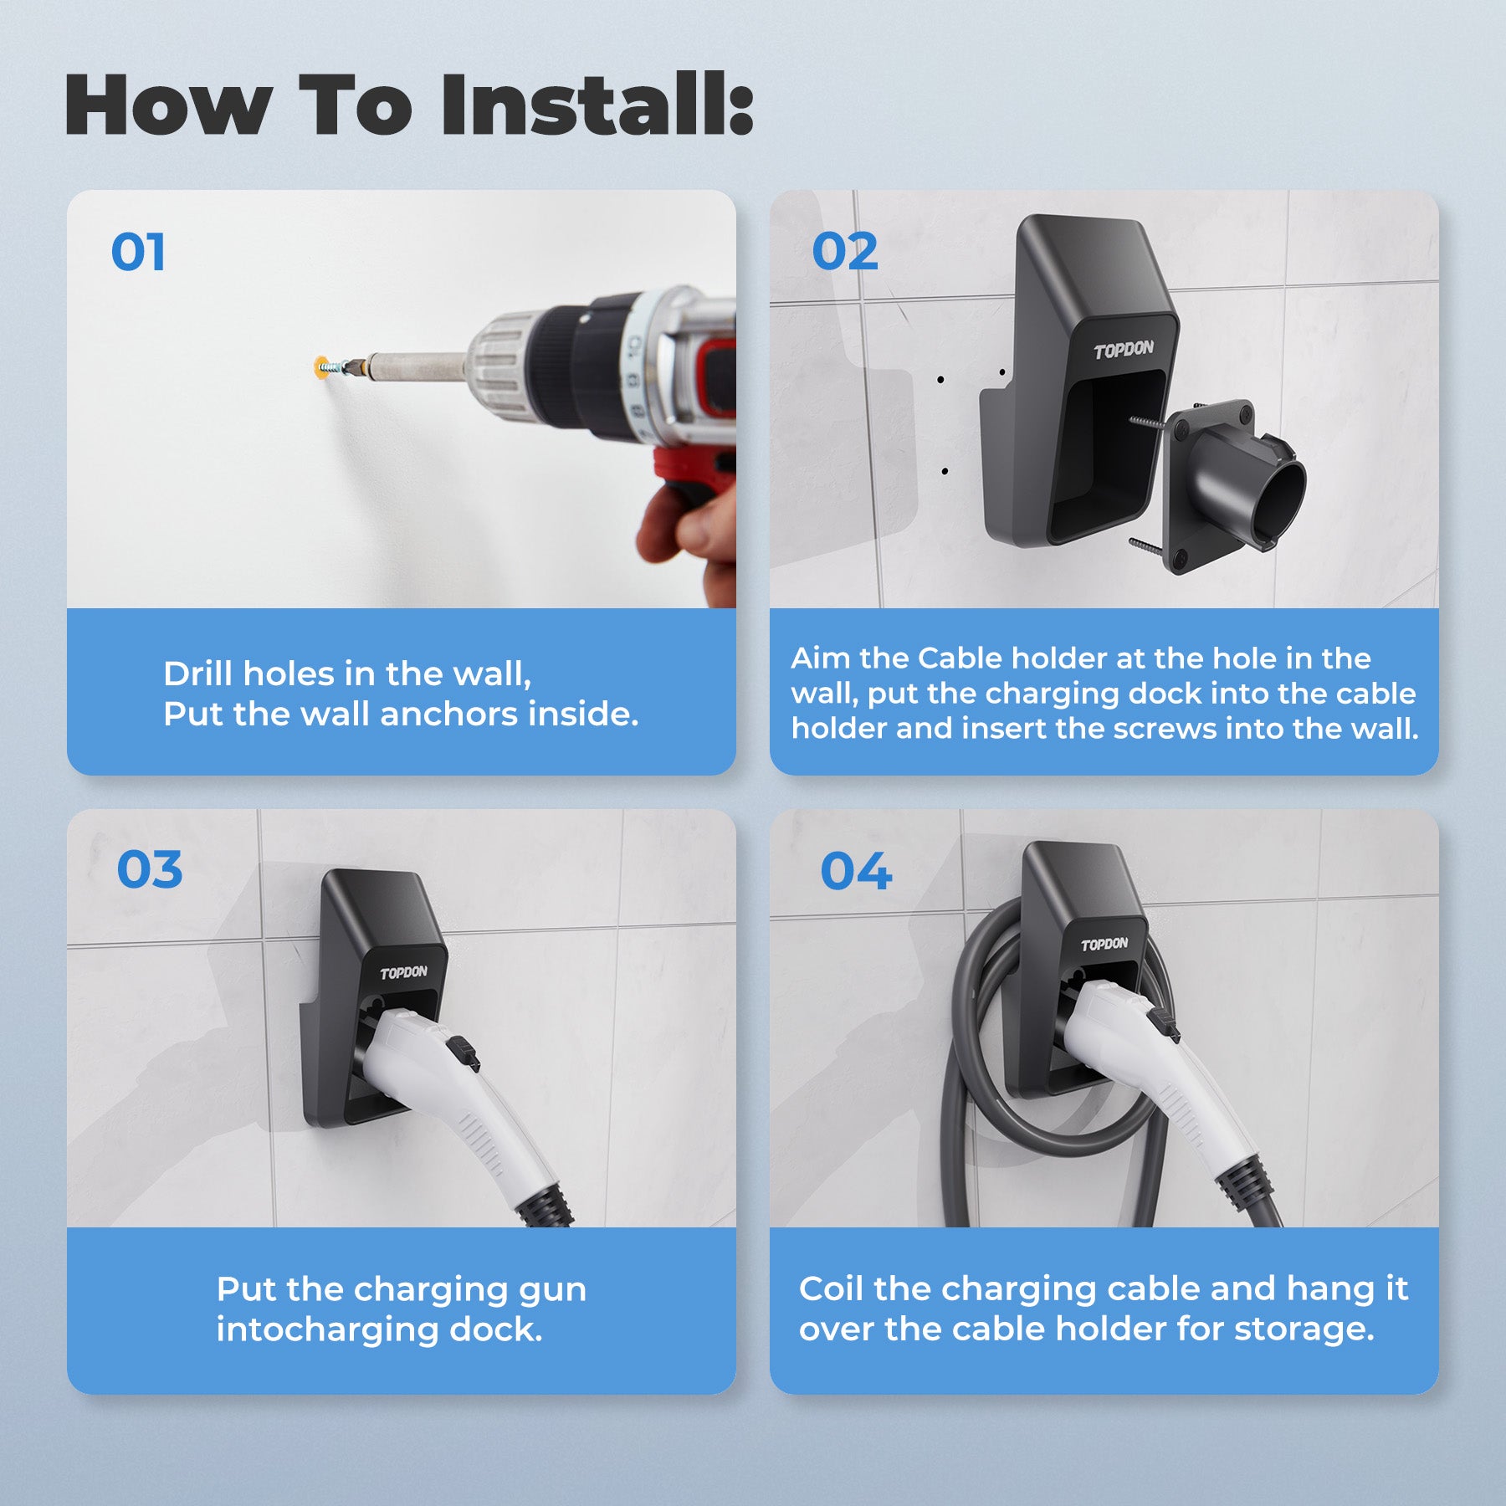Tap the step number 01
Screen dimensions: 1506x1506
coord(138,252)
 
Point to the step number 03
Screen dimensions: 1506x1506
coord(150,870)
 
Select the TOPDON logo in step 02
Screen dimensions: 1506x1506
coord(1124,350)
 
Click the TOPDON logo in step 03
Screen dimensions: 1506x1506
coord(403,972)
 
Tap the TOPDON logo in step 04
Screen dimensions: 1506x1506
coord(1104,944)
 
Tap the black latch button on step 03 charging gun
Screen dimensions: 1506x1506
coord(464,1053)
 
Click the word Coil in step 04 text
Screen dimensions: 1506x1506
coord(831,1288)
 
